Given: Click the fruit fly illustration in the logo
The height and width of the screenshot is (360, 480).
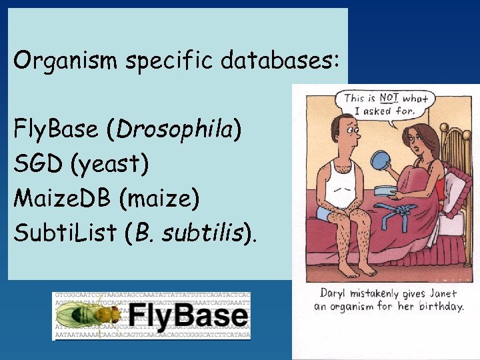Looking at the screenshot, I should pyautogui.click(x=79, y=315).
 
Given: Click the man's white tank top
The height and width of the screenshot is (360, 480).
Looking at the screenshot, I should pyautogui.click(x=339, y=181).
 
